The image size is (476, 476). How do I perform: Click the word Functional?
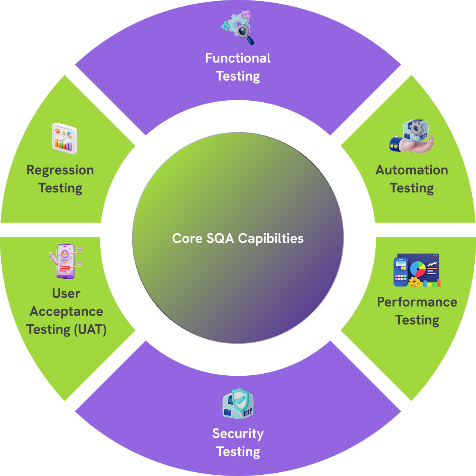click(x=238, y=58)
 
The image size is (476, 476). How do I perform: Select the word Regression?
click(x=60, y=170)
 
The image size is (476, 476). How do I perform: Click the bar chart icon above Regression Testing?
click(x=64, y=139)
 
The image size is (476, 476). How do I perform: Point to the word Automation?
click(x=412, y=170)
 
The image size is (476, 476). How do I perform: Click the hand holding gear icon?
click(x=412, y=137)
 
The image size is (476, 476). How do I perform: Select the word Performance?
click(x=417, y=302)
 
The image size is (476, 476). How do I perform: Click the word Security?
click(x=238, y=433)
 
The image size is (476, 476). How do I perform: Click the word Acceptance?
click(x=66, y=311)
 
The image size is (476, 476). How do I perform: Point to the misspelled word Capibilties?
click(x=271, y=238)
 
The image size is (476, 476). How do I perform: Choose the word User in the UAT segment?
click(x=66, y=293)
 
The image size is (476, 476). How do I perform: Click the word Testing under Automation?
click(x=412, y=188)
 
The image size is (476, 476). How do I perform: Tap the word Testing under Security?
click(x=238, y=451)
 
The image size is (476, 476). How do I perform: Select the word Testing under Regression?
click(x=60, y=188)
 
